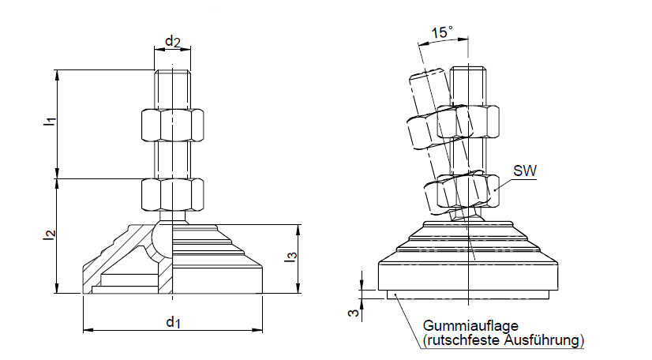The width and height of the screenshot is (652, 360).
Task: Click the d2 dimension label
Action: point(172,41)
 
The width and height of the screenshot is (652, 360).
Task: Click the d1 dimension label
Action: point(172,322)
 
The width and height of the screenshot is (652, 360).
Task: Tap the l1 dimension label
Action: point(49,122)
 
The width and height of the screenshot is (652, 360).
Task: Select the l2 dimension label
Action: point(49,234)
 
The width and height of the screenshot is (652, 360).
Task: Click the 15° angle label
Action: point(443,32)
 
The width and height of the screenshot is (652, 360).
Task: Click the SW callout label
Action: point(523,171)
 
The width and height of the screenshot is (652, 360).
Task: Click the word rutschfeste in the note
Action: point(460,340)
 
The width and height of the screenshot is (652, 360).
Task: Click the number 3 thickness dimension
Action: point(354,313)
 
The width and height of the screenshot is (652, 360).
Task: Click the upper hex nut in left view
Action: point(172,125)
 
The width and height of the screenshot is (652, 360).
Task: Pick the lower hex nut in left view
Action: point(172,194)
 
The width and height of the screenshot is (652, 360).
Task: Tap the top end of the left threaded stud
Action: point(172,72)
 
